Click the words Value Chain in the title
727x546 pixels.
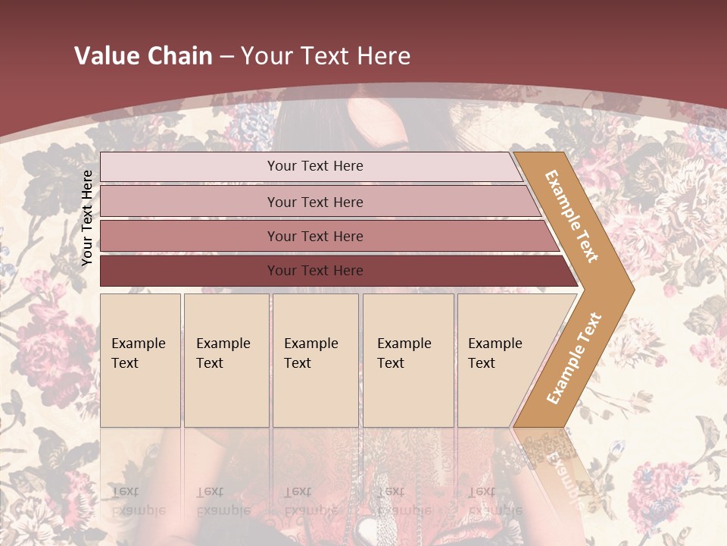pos(143,56)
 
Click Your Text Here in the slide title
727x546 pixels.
pos(326,56)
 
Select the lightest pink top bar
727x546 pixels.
pos(189,167)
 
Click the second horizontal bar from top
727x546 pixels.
pos(189,202)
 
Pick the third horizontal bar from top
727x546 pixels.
pos(189,237)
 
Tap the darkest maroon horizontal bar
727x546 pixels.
pos(189,271)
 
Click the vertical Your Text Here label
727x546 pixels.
pos(87,218)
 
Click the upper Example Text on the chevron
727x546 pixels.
pos(572,216)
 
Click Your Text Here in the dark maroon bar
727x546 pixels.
pos(315,271)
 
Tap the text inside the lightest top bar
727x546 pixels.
pos(315,166)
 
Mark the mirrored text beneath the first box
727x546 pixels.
pos(138,501)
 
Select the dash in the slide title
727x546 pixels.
pos(226,57)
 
